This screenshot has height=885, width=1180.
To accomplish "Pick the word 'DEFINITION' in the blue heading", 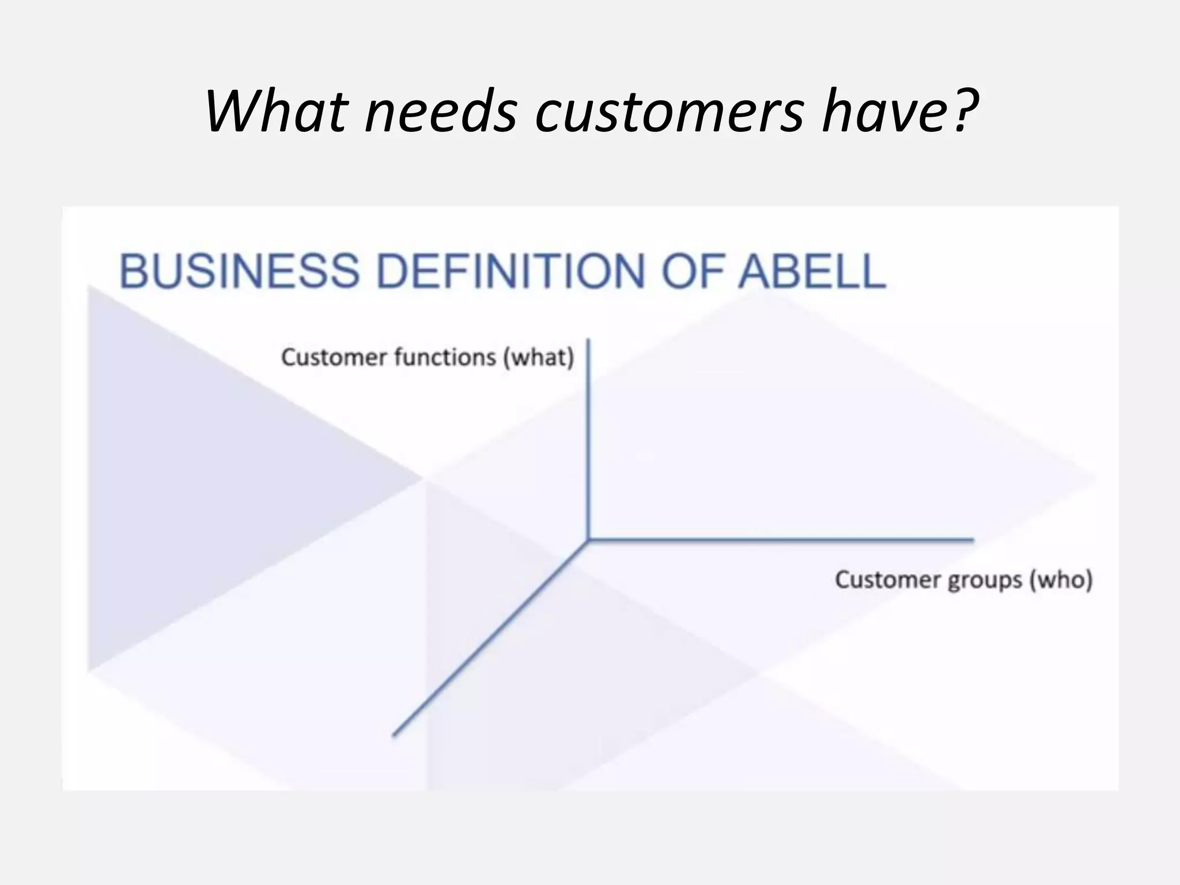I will coord(510,271).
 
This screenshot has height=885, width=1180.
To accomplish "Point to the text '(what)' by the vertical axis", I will coord(539,358).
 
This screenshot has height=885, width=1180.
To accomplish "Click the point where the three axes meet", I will coord(588,540).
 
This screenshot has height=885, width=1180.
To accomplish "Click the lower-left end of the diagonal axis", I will coord(395,734).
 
